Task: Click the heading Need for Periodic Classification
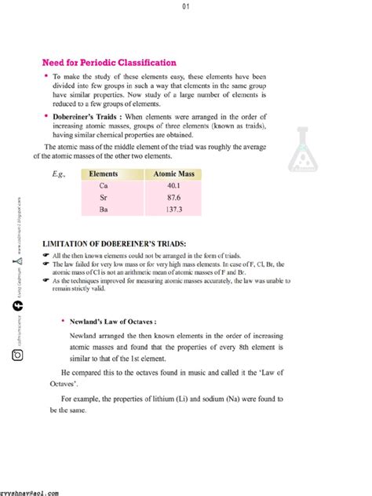(109, 62)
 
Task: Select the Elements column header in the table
(104, 173)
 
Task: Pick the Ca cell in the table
(104, 186)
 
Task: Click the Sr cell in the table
(104, 199)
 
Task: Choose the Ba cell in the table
(104, 211)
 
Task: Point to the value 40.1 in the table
(174, 186)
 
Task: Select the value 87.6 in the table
(174, 199)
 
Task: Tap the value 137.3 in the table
(174, 211)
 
